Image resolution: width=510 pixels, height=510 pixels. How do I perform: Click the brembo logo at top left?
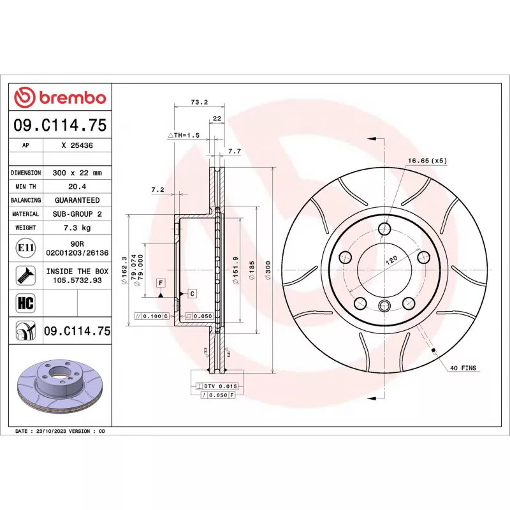pyautogui.click(x=60, y=98)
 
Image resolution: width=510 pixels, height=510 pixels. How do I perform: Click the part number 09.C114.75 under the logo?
pyautogui.click(x=60, y=124)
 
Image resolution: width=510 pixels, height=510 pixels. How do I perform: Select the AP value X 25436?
pyautogui.click(x=77, y=145)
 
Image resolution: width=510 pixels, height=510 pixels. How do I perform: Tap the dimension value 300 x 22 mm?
pyautogui.click(x=77, y=173)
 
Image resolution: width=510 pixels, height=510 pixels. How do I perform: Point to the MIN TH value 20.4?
pyautogui.click(x=77, y=187)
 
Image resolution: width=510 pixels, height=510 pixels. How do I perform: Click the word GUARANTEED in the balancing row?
pyautogui.click(x=77, y=200)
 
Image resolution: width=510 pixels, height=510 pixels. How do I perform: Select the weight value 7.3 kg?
pyautogui.click(x=77, y=228)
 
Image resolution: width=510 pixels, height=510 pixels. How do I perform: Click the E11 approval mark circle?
pyautogui.click(x=26, y=247)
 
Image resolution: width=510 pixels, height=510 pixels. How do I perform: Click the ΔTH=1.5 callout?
pyautogui.click(x=184, y=136)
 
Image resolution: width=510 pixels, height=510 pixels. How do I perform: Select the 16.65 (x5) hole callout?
pyautogui.click(x=427, y=161)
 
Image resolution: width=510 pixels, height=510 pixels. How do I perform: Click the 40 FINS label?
pyautogui.click(x=463, y=368)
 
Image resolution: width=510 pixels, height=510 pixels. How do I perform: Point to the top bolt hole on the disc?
pyautogui.click(x=384, y=229)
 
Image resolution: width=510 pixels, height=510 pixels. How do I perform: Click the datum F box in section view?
pyautogui.click(x=161, y=282)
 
